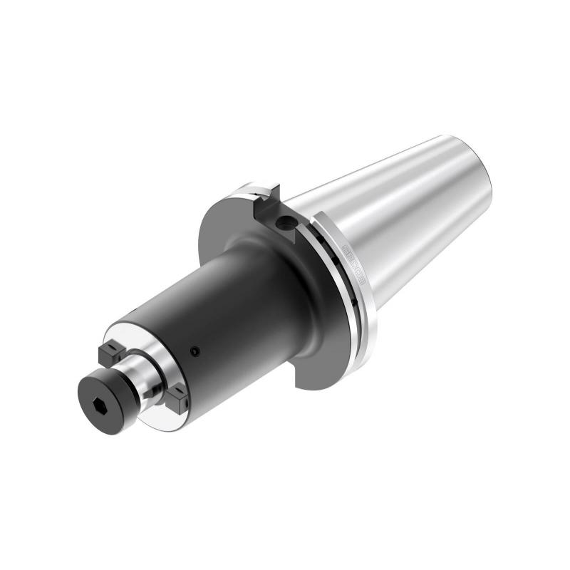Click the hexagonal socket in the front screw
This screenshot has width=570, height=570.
(x=100, y=401)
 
